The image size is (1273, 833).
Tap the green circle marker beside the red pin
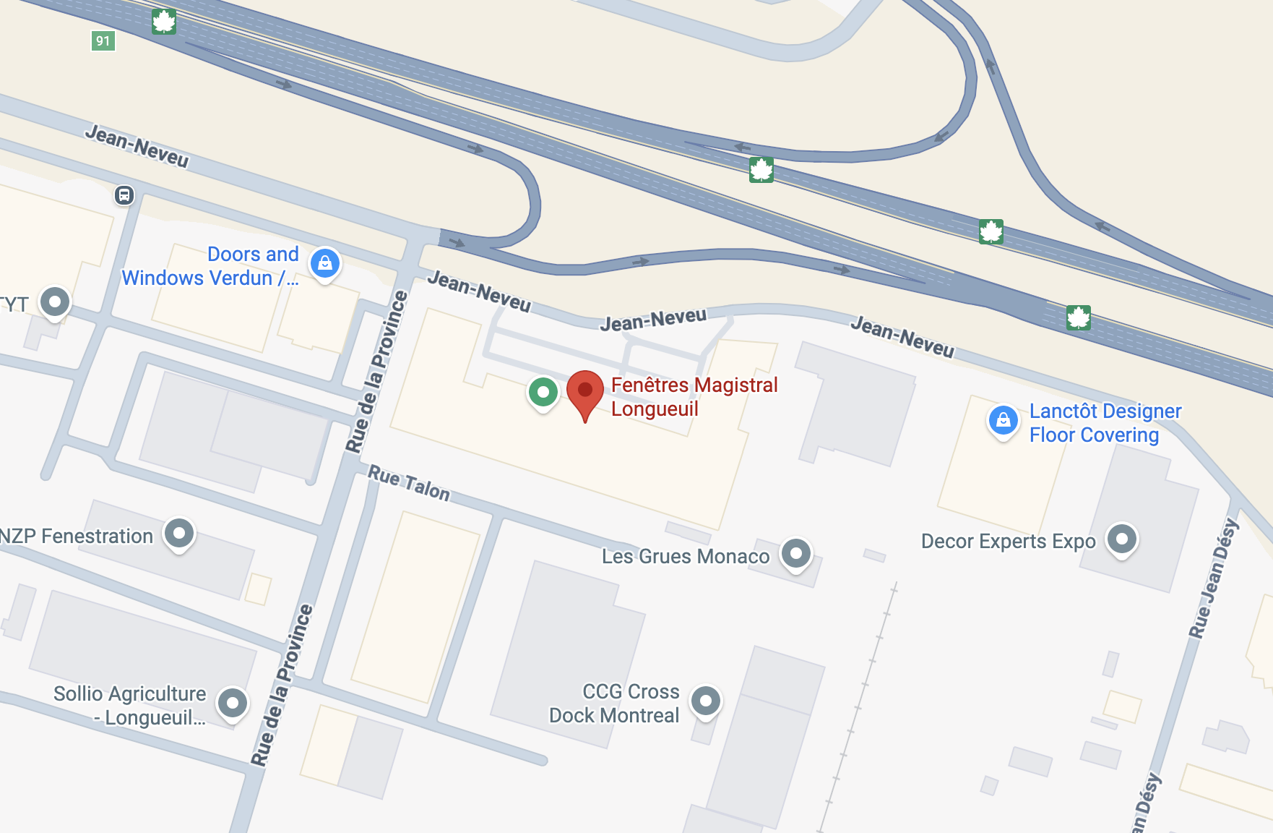tap(543, 392)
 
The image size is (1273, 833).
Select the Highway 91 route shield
tap(103, 40)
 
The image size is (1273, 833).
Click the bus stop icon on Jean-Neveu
tap(124, 195)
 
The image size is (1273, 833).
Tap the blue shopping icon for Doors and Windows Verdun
tap(325, 262)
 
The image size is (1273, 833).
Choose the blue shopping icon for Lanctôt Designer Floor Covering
tap(1003, 419)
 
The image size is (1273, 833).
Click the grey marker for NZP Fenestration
tap(179, 534)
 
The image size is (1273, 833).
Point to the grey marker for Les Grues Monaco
tap(796, 554)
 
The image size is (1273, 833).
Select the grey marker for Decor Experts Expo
tap(1122, 539)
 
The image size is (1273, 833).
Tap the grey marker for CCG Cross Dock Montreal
tap(706, 700)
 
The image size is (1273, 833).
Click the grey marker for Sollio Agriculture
tap(233, 702)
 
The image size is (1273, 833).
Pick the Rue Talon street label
tap(409, 483)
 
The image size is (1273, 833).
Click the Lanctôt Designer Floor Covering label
tap(1105, 423)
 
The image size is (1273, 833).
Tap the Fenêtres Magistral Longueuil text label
tap(694, 396)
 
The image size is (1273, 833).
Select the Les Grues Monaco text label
tap(686, 556)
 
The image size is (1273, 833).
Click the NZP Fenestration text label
tap(77, 536)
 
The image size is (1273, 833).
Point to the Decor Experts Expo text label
tap(1008, 541)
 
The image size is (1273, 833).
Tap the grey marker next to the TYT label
tap(55, 302)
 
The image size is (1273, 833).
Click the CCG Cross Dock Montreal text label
tap(615, 703)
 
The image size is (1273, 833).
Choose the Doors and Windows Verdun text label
tap(210, 266)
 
